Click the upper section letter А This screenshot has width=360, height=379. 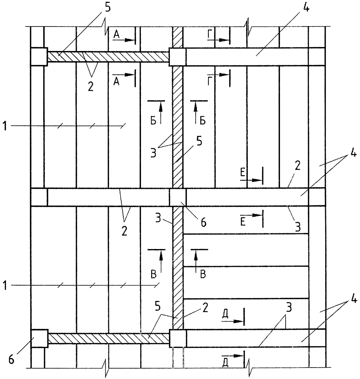click(x=116, y=35)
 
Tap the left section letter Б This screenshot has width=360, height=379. click(x=153, y=121)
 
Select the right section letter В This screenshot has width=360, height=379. click(x=203, y=275)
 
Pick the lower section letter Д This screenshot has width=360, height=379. click(x=225, y=362)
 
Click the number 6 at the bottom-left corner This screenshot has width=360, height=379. click(x=11, y=360)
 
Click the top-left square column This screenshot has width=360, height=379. click(x=39, y=57)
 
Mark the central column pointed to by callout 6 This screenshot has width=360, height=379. click(x=178, y=197)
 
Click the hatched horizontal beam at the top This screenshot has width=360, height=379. click(x=108, y=57)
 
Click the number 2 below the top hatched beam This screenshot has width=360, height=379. click(x=91, y=87)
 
